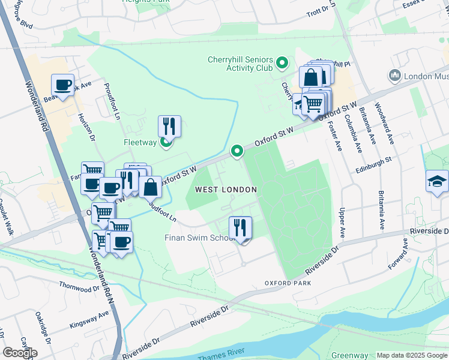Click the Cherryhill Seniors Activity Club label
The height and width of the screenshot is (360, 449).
[x=240, y=64]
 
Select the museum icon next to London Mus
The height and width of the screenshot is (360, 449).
[x=395, y=76]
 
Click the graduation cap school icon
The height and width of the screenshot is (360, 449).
[x=437, y=180]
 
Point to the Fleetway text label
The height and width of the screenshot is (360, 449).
[x=140, y=142]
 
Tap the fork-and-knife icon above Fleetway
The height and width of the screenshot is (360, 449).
[x=169, y=126]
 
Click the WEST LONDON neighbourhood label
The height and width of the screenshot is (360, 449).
[x=226, y=190]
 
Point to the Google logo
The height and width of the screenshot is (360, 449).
[x=20, y=352]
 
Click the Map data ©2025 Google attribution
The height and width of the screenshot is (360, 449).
[x=411, y=355]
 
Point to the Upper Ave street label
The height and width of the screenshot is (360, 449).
[x=342, y=223]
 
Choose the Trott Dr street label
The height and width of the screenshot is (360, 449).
[x=319, y=12]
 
